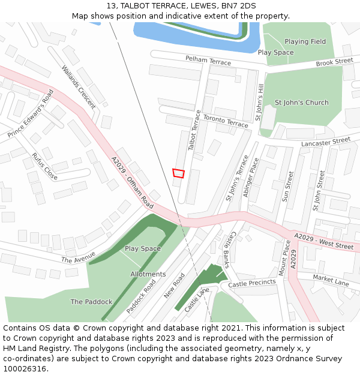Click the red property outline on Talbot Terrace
tap(178, 173)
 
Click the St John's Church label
tap(301, 103)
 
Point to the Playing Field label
tap(305, 41)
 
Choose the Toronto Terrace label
tap(225, 121)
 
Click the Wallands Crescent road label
tap(79, 88)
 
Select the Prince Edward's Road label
tap(31, 113)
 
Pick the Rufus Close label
tap(45, 166)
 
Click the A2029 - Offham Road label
tap(132, 183)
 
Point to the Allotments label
tap(148, 274)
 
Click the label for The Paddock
tap(91, 302)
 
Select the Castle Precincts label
tap(252, 283)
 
